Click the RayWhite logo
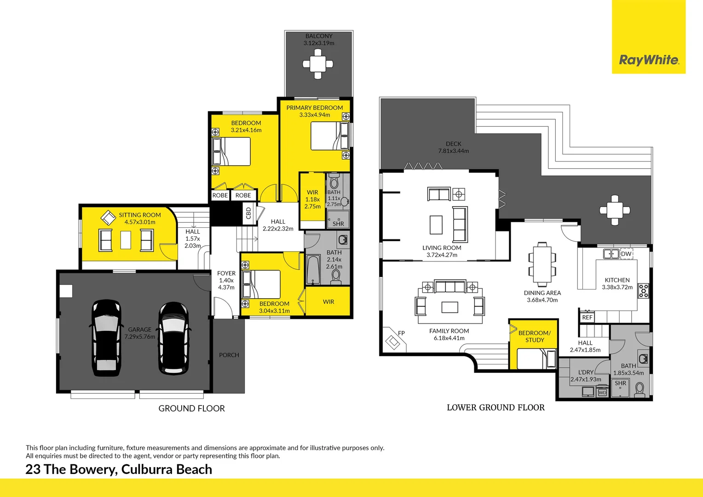[x=648, y=60]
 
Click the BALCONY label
[x=319, y=36]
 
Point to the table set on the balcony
[x=317, y=64]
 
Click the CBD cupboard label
[x=249, y=213]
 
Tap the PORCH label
[x=229, y=355]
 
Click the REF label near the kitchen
[x=587, y=317]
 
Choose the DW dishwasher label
[x=626, y=254]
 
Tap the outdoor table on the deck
[x=615, y=210]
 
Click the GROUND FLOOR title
[x=191, y=408]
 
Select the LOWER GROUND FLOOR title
[x=496, y=407]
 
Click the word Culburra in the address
[x=147, y=469]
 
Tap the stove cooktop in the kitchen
[x=643, y=291]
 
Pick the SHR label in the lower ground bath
[x=620, y=383]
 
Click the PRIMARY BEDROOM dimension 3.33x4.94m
[x=315, y=115]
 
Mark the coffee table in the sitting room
[x=126, y=240]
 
